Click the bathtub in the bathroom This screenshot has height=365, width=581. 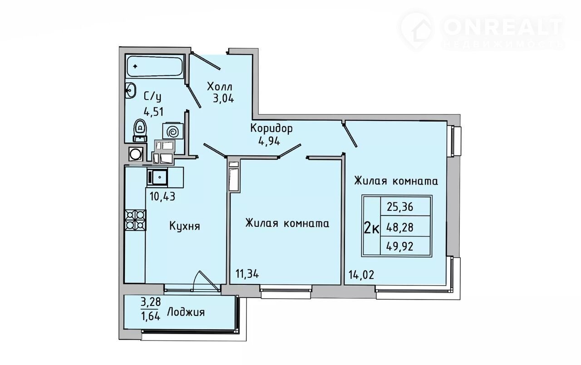[155, 66]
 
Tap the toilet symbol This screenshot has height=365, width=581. [140, 130]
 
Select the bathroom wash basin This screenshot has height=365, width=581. [130, 90]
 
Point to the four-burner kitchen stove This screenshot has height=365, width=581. [136, 220]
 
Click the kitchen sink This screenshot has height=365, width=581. [158, 177]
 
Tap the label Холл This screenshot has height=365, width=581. [219, 87]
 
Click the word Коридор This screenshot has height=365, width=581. [271, 128]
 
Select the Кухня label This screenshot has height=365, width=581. [185, 226]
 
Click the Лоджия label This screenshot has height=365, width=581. [186, 312]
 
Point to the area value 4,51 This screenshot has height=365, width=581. [153, 112]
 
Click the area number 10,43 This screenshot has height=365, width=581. [162, 197]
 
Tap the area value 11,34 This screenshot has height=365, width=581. [247, 274]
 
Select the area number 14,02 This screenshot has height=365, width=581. [361, 275]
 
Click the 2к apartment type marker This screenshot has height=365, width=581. [372, 229]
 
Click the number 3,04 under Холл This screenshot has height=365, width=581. [223, 99]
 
